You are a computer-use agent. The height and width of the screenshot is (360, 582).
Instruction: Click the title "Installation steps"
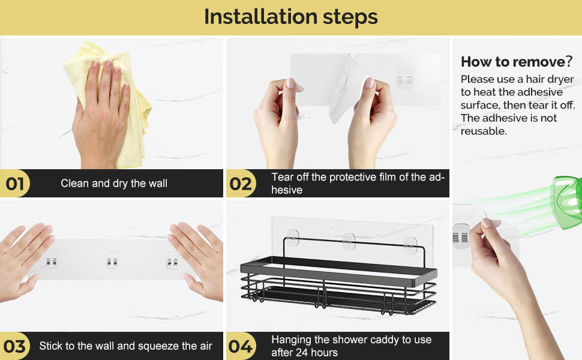(290, 17)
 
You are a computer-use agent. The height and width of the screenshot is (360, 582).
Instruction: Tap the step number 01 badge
(15, 184)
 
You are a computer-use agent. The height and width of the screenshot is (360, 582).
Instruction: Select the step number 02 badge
(241, 184)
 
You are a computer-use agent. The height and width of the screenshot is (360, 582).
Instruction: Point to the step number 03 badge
(15, 346)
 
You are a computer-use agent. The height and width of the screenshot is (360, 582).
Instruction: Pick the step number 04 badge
(241, 346)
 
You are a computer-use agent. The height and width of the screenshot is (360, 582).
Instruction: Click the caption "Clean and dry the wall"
(114, 184)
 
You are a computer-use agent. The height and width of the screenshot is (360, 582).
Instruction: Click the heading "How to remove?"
(517, 62)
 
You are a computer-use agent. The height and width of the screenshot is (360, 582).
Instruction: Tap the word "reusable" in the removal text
(483, 131)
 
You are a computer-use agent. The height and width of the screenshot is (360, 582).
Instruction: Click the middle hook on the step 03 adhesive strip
(112, 259)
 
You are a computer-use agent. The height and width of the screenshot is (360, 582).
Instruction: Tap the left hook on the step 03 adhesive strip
(51, 259)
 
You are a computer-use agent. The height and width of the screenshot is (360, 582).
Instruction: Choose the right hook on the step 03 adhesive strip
(172, 259)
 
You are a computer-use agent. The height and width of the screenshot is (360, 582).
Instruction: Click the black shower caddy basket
(338, 277)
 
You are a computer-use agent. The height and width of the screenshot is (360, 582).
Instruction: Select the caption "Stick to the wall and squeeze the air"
(126, 346)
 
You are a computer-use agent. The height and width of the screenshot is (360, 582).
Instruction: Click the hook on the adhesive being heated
(461, 236)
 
